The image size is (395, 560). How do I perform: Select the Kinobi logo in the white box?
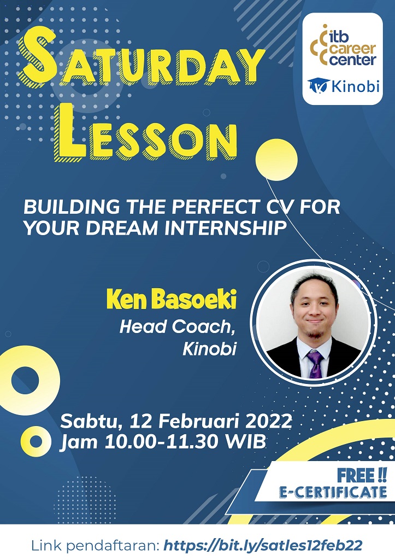[x=343, y=86]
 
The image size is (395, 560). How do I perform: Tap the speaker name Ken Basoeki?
[x=171, y=300]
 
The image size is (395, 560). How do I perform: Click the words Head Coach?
[x=178, y=327]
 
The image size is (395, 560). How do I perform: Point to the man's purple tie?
[x=315, y=364]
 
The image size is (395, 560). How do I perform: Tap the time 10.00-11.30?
[x=161, y=442]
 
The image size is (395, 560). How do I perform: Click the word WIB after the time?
[x=246, y=442]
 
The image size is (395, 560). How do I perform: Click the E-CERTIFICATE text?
[x=333, y=492]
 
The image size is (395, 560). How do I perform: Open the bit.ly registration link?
[x=263, y=545]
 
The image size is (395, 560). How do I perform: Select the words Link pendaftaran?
[x=95, y=546]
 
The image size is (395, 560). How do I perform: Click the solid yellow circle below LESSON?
[x=276, y=160]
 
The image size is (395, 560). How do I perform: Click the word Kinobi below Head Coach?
[x=209, y=349]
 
